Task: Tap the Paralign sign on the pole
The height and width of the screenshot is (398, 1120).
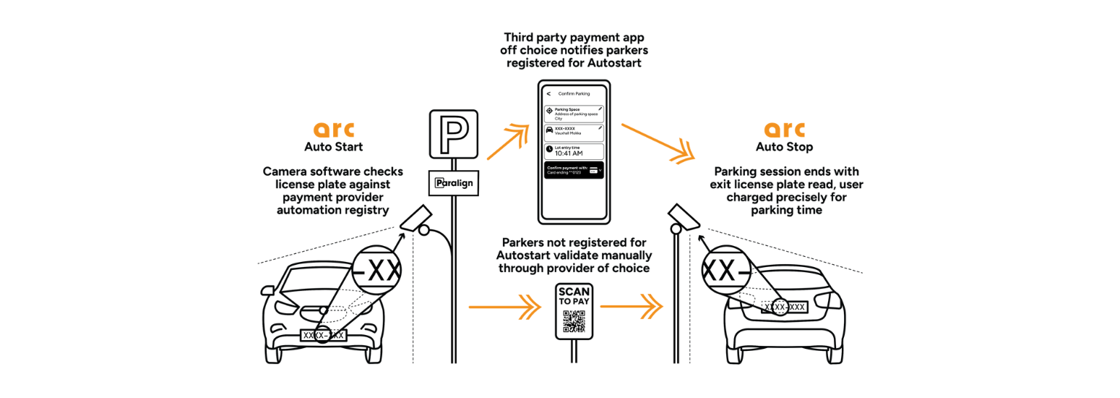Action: coord(454,183)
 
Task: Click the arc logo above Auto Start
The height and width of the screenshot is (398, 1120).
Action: coord(333,130)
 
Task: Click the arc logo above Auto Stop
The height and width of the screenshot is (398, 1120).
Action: coord(785,130)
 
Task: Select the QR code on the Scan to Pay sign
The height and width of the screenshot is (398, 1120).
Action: coord(574,321)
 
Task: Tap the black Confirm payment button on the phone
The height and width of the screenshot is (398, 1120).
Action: coord(574,170)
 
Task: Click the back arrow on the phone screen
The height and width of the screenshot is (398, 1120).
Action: coord(549,93)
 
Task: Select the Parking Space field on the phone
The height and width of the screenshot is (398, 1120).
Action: coord(574,114)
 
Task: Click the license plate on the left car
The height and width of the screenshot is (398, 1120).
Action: coord(324,335)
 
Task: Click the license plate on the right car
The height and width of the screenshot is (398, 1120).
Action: coord(784,307)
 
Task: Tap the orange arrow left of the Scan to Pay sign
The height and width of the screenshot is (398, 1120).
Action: coord(505,308)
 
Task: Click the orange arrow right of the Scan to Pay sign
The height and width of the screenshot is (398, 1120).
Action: coord(631,308)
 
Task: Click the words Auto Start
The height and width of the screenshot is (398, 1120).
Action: coord(333,148)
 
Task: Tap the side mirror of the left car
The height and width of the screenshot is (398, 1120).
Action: coord(267,291)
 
